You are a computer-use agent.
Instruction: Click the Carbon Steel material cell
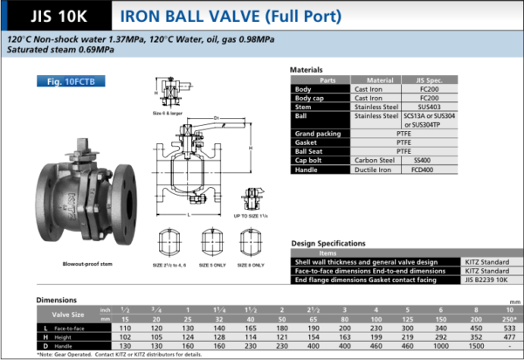pyautogui.click(x=376, y=161)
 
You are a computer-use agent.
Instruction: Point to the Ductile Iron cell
pyautogui.click(x=376, y=170)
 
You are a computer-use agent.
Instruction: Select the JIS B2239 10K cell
pyautogui.click(x=485, y=279)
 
